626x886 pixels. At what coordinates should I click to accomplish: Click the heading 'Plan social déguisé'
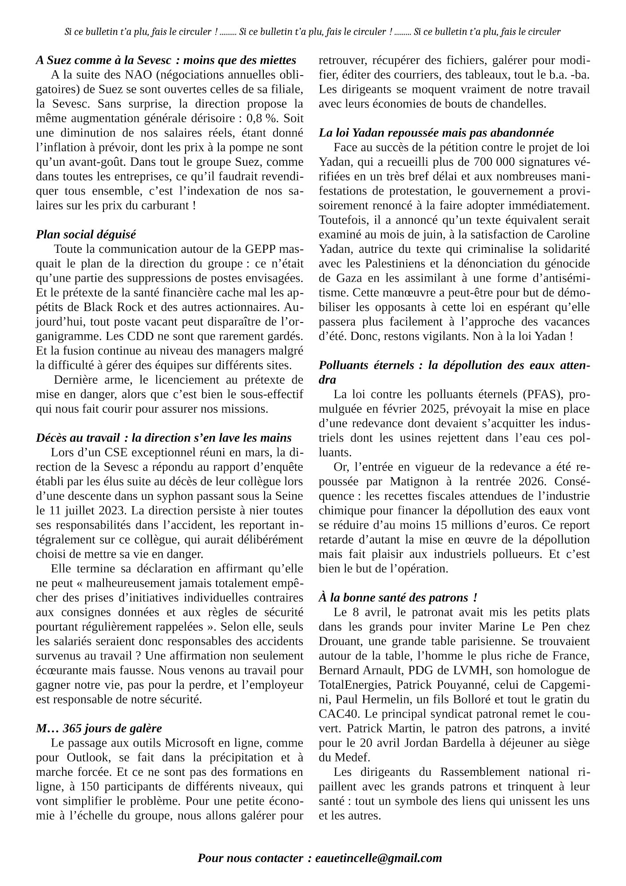pyautogui.click(x=86, y=234)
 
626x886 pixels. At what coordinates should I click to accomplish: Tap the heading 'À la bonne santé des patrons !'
pyautogui.click(x=398, y=598)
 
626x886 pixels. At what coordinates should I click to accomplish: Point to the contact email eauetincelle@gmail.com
pyautogui.click(x=379, y=858)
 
